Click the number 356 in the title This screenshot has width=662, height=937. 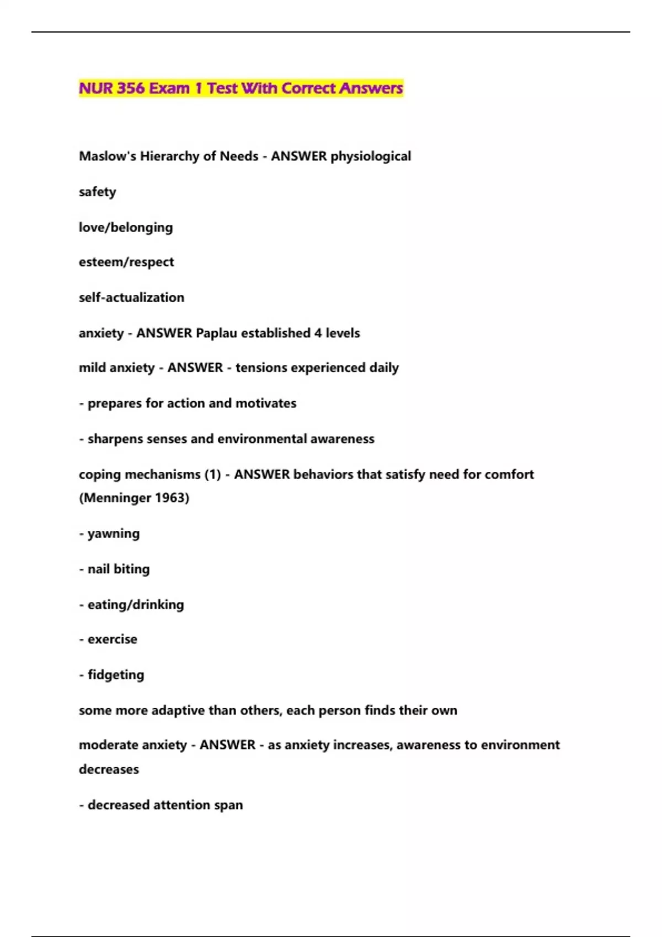coord(130,88)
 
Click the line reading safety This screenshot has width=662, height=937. coord(98,192)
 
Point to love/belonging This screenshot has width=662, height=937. coord(126,228)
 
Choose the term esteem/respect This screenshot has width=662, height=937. coord(126,262)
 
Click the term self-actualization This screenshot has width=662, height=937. coord(131,298)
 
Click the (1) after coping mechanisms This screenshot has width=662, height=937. coord(212,475)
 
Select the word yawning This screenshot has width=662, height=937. coord(114,534)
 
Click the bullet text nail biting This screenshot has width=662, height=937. coord(119,569)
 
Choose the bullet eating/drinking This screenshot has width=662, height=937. coord(136,605)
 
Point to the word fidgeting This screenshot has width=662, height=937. coord(116,675)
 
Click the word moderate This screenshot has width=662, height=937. coord(105,745)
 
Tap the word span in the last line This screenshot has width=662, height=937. coord(228,805)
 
